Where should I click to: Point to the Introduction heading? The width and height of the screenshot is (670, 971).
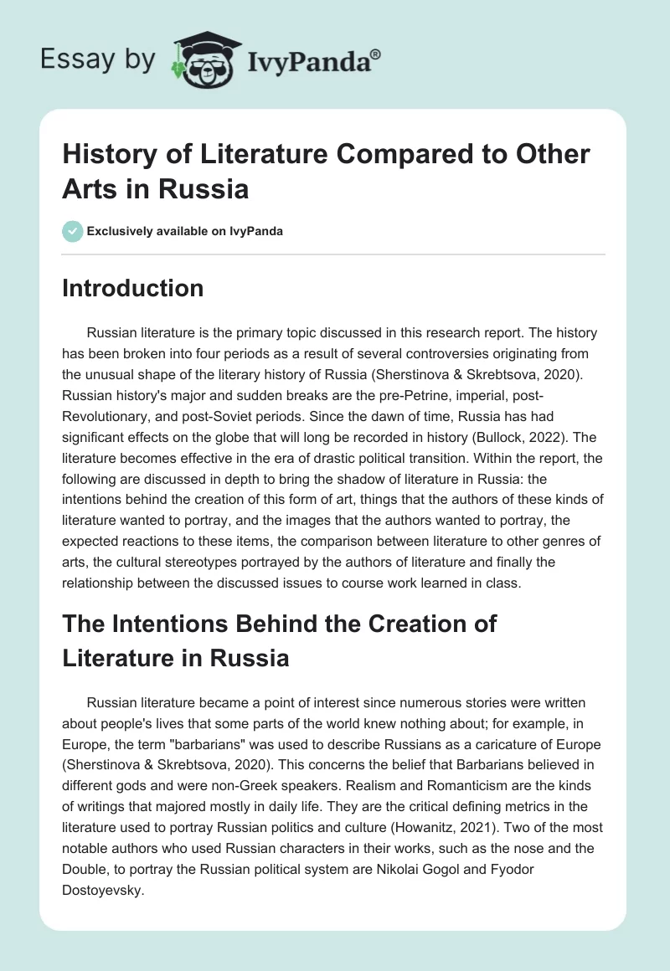(x=133, y=288)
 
